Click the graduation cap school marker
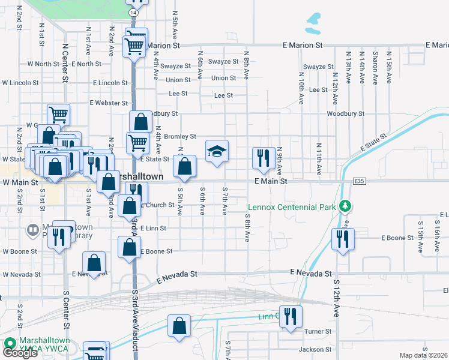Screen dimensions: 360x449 (217, 151)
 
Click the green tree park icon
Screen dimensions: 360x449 (345, 206)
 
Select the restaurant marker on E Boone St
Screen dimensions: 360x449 (343, 239)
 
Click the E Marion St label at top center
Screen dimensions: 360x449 (303, 46)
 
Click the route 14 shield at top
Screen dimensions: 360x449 (133, 12)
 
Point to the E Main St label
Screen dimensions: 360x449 (271, 181)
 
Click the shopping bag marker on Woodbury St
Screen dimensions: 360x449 (140, 122)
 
